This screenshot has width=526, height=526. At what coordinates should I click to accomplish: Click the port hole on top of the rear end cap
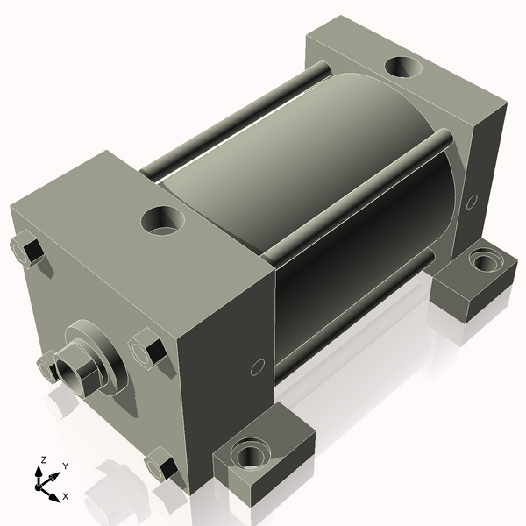click(x=406, y=67)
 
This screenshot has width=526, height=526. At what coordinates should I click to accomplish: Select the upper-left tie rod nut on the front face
click(x=27, y=250)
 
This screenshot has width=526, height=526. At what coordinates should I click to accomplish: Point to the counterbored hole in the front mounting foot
click(x=252, y=454)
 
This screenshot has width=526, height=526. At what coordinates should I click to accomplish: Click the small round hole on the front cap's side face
click(x=257, y=366)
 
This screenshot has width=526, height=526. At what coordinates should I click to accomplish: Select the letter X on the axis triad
click(x=66, y=497)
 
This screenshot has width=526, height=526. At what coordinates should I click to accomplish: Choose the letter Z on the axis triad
click(x=43, y=459)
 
